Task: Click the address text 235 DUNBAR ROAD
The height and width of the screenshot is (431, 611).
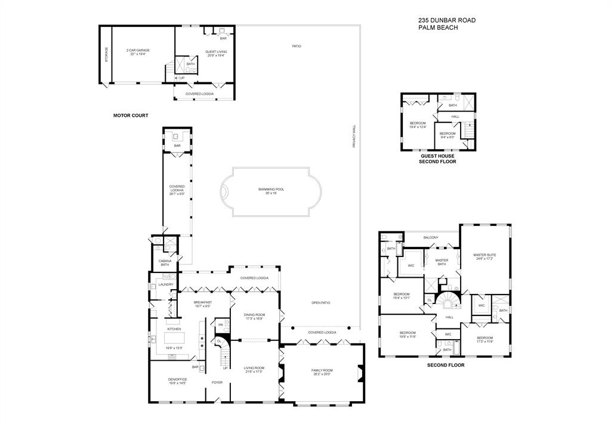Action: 446,20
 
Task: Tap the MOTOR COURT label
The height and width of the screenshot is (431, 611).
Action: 131,115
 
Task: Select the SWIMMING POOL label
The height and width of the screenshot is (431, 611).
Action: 271,190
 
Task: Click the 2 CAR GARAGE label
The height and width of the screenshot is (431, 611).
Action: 137,51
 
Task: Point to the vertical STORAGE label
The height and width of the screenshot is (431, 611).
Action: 107,55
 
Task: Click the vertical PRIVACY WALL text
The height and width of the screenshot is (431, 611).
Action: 354,136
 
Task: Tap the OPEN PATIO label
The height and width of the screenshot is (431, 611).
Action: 320,302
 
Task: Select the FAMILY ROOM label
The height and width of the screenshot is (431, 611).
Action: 322,371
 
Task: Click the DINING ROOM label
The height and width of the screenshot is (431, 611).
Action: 254,315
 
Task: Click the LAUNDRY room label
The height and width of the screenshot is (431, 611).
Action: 165,284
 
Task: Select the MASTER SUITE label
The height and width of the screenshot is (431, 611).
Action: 485,255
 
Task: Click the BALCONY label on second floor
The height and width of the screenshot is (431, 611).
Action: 431,238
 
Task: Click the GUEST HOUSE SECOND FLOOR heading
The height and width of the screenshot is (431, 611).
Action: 437,159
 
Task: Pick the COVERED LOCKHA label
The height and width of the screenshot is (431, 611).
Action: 177,190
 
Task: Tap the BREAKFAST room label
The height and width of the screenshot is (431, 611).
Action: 203,302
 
